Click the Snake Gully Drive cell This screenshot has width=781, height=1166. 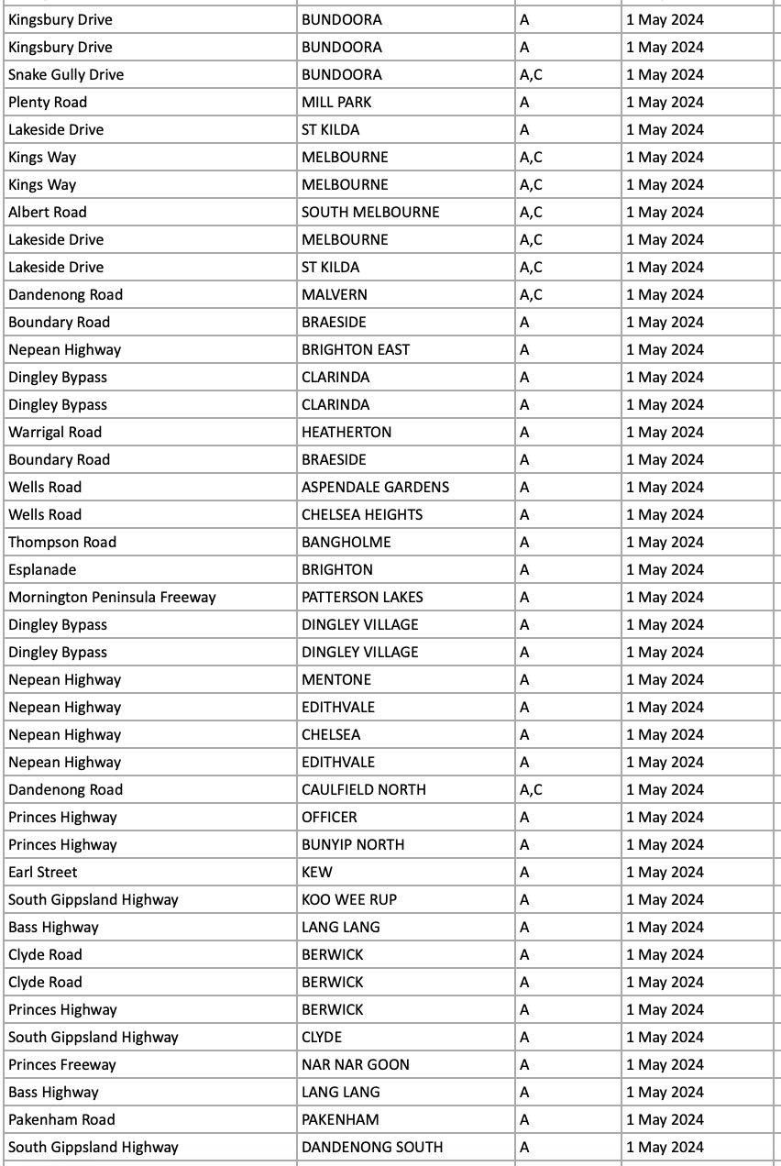click(x=66, y=74)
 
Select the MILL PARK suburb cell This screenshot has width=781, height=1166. click(x=336, y=102)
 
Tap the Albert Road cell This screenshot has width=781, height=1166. click(x=48, y=212)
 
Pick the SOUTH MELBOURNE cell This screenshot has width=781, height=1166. click(x=370, y=212)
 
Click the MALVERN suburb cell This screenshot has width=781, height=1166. click(x=335, y=294)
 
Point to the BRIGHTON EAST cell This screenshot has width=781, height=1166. click(x=356, y=349)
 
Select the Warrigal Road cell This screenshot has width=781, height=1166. click(x=55, y=432)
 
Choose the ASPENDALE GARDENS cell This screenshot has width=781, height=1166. click(x=376, y=487)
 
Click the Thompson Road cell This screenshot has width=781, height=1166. click(x=62, y=542)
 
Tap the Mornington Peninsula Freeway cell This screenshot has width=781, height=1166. click(x=112, y=597)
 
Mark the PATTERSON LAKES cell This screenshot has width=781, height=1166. click(x=362, y=597)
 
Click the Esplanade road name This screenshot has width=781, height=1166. click(x=43, y=569)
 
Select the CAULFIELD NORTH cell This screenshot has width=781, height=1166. click(x=364, y=789)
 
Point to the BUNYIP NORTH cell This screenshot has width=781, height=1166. click(x=353, y=844)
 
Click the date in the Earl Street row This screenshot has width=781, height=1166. click(x=665, y=872)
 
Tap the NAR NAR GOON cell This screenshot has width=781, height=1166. click(x=356, y=1064)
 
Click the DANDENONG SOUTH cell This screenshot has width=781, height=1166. click(x=372, y=1147)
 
